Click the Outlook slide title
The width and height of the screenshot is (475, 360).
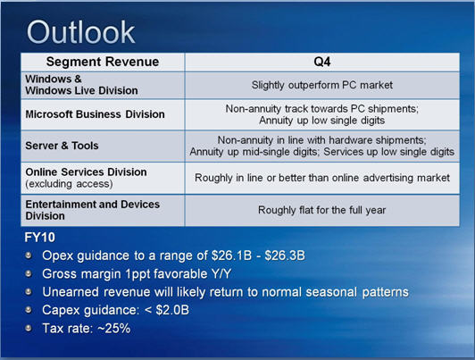(80, 32)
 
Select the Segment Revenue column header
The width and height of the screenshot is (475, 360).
(103, 62)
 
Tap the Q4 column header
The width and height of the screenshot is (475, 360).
(322, 62)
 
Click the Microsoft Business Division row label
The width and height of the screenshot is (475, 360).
(96, 114)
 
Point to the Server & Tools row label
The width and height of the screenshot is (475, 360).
(62, 146)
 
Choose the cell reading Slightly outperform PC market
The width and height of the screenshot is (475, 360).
(322, 85)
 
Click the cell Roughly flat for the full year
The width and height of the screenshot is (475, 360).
(322, 210)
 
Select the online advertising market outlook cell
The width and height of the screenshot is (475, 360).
(322, 178)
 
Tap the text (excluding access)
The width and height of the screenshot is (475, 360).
(69, 184)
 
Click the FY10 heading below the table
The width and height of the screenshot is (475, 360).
(39, 238)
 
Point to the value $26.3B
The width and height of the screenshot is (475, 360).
(285, 255)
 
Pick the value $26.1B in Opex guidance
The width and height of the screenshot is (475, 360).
(232, 255)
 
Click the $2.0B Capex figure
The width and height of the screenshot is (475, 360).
(172, 310)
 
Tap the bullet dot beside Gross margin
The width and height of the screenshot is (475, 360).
(29, 273)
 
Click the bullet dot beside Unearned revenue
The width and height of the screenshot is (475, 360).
(29, 292)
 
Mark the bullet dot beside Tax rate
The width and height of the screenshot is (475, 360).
(29, 328)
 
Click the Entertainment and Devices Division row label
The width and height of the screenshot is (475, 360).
(92, 210)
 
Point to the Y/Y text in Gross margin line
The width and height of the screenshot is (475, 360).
(220, 274)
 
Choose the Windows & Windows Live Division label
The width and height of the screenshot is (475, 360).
(81, 85)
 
